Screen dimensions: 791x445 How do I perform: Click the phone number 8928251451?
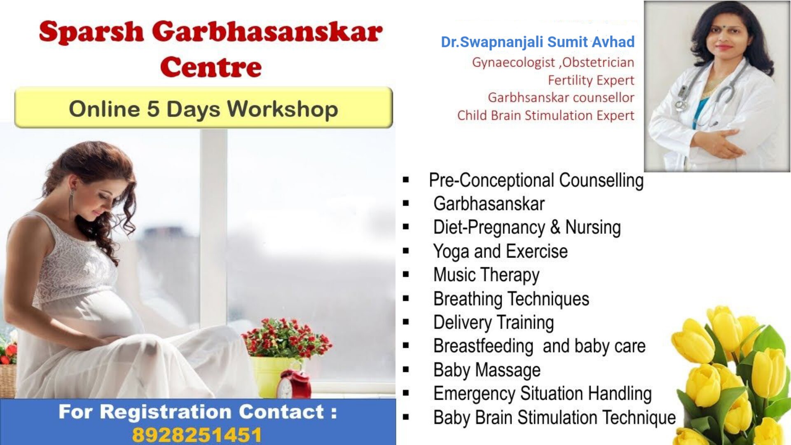197,435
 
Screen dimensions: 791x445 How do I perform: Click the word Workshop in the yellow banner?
283,109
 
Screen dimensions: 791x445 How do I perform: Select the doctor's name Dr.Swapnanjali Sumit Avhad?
538,42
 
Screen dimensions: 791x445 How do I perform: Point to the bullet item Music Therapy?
486,275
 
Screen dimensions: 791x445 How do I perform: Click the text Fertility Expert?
591,80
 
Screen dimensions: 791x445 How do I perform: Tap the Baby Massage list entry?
487,370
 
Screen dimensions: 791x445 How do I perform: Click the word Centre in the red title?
211,67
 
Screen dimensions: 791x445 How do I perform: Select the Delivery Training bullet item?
494,323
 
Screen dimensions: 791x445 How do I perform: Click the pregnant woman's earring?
71,200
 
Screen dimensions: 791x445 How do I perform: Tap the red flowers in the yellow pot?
287,337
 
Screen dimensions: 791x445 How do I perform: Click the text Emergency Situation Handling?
543,394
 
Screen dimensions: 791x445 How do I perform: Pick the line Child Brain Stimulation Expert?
545,115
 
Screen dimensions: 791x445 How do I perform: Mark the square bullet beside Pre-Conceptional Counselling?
406,180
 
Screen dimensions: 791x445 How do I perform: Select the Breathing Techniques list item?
511,299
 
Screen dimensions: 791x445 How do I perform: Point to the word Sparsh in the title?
91,32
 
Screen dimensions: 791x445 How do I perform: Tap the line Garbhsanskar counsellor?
561,98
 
